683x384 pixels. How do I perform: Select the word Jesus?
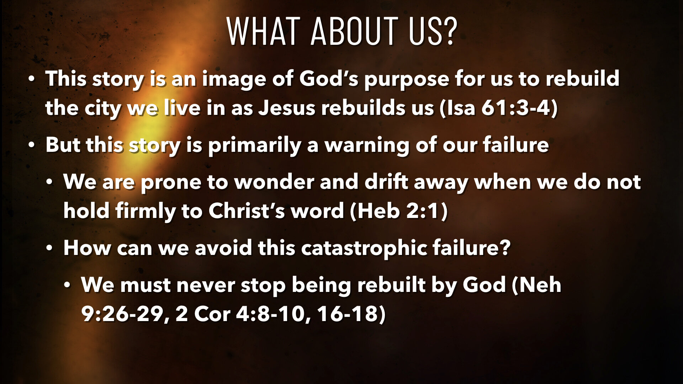pyautogui.click(x=286, y=108)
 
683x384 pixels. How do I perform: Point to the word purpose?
pyautogui.click(x=406, y=79)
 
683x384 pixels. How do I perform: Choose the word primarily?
pyautogui.click(x=254, y=145)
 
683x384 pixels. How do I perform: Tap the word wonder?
pyautogui.click(x=274, y=182)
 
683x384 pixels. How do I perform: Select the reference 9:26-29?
pyautogui.click(x=122, y=314)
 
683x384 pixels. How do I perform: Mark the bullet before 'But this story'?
pyautogui.click(x=32, y=145)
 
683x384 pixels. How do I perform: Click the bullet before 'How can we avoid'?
pyautogui.click(x=50, y=248)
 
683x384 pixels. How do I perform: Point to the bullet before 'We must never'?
pyautogui.click(x=68, y=285)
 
